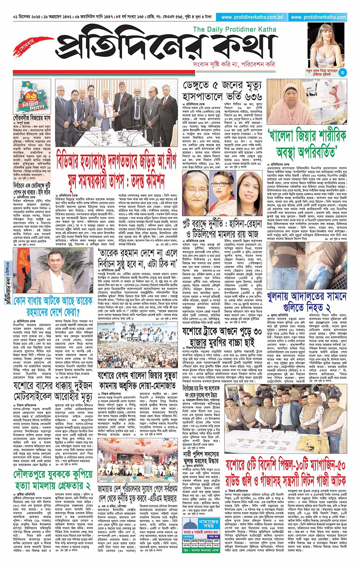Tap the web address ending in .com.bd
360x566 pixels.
click(x=252, y=17)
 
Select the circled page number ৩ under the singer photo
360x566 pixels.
click(x=342, y=72)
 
